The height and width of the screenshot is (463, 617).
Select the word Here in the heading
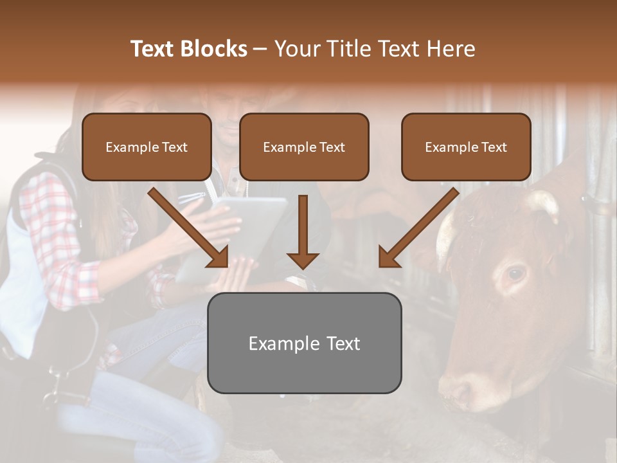click(449, 49)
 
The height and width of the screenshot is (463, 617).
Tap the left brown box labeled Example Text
click(147, 147)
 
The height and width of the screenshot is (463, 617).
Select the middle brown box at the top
click(304, 147)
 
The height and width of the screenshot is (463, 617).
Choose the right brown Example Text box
click(466, 147)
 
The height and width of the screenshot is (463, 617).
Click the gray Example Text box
click(304, 343)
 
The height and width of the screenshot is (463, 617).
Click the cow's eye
click(515, 274)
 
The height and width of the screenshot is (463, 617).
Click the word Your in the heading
click(298, 49)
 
